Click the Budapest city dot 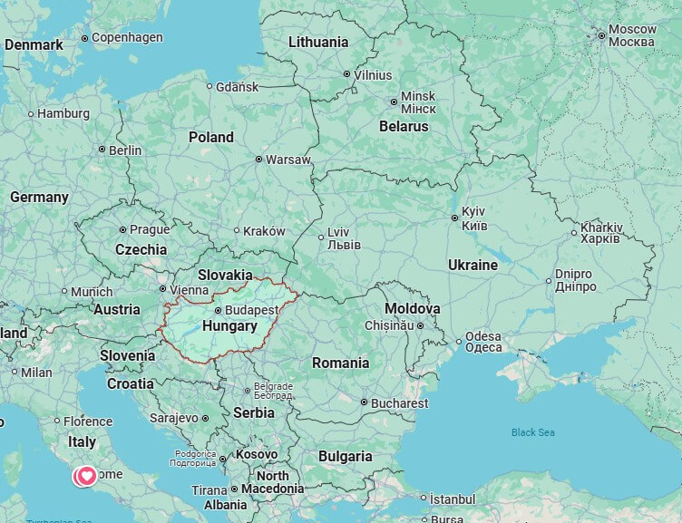tap(218, 310)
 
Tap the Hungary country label tap(229, 325)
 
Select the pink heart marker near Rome tap(87, 475)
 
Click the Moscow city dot tap(601, 36)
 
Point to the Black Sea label tap(532, 432)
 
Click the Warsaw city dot tap(258, 160)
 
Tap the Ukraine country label tap(473, 266)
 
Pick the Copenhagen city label tap(127, 37)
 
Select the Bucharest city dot tap(364, 402)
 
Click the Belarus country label tap(403, 127)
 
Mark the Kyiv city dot tap(454, 218)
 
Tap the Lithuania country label tap(317, 42)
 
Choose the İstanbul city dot tap(423, 498)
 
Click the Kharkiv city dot tap(573, 233)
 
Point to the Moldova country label tap(412, 309)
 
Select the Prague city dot tap(122, 229)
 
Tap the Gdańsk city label tap(237, 87)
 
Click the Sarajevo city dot tap(205, 419)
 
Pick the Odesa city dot tap(459, 343)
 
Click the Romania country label tap(340, 363)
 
